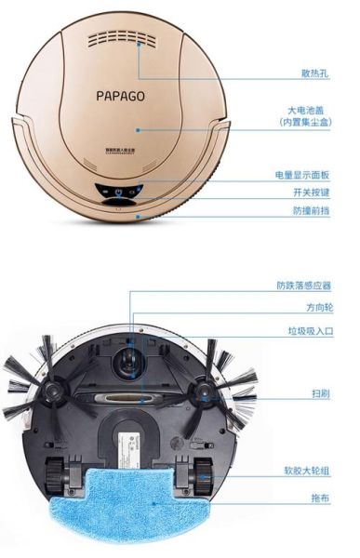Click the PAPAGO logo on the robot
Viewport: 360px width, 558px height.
click(120, 94)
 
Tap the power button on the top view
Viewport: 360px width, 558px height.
click(118, 194)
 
